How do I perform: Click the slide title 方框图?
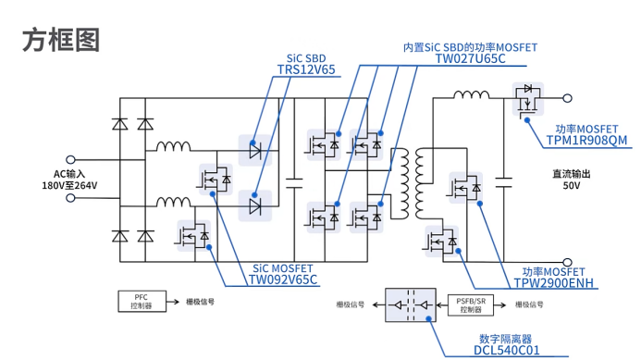click(60, 40)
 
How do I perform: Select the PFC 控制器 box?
click(141, 302)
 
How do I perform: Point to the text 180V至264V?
click(69, 186)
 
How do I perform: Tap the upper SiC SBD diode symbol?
click(255, 147)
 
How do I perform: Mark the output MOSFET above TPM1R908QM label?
click(528, 98)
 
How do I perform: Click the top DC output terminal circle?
click(567, 96)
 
